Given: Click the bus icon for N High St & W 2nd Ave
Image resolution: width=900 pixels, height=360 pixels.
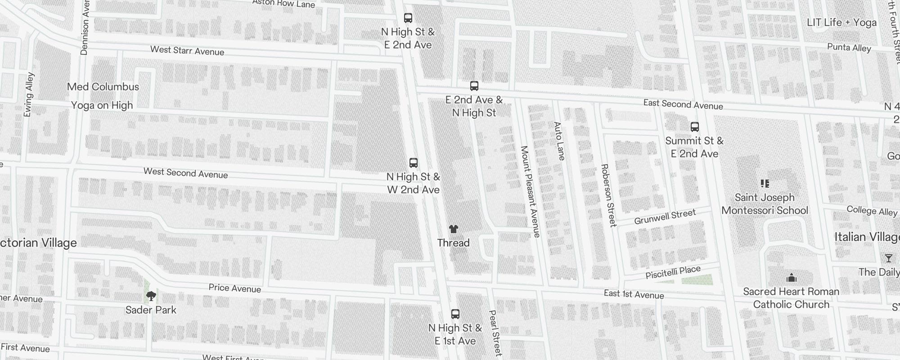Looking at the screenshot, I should coord(413,163).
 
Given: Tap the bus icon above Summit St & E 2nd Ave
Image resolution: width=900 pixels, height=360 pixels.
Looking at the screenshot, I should coord(694,127).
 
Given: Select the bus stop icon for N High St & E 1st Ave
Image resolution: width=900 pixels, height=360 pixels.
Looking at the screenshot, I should coord(455,314).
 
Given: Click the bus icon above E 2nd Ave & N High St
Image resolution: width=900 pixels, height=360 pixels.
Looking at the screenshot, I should coord(474,86).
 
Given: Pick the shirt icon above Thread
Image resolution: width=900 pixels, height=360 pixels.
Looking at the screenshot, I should coord(453,229).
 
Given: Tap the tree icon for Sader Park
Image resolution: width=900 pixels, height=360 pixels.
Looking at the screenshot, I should coord(151,296).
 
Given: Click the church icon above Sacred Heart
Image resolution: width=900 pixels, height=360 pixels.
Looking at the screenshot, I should coord(791,277).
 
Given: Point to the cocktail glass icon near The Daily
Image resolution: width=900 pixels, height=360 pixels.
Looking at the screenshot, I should coord(888,258).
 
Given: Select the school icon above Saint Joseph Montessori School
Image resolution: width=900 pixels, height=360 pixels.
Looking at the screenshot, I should coord(765,184).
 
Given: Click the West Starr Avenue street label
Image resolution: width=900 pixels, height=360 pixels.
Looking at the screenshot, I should coord(187,51).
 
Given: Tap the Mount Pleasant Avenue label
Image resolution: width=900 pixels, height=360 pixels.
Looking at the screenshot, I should coord(530,191).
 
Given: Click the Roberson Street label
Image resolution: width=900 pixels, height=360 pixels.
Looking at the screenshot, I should coord(608,195).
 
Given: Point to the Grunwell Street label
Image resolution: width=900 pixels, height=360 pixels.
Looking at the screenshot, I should coord(665,217).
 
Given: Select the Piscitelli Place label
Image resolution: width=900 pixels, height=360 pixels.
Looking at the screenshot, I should coord(673,272).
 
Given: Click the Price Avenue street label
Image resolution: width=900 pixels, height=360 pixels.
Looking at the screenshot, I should coord(234,288).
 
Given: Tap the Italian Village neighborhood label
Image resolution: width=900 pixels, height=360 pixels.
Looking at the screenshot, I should coord(867,237).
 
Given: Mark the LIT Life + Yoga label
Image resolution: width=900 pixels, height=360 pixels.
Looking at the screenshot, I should coord(841,22).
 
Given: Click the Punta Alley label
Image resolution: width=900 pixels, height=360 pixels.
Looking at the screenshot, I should coord(849,48).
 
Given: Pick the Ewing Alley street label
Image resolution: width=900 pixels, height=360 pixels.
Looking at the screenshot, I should coord(28,94).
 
